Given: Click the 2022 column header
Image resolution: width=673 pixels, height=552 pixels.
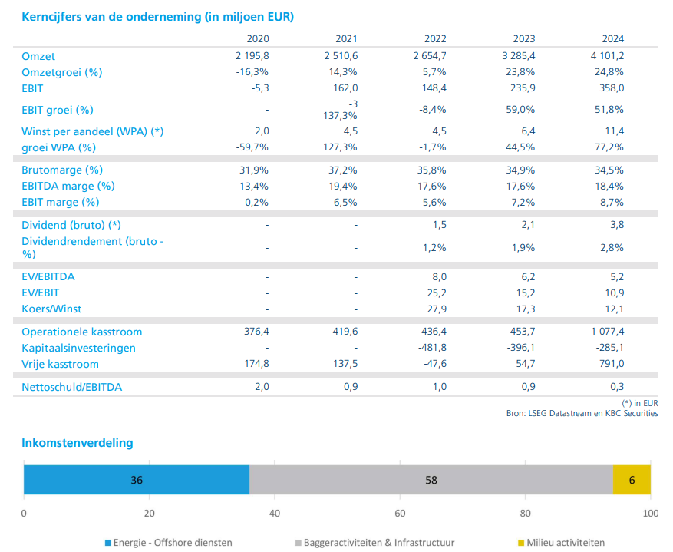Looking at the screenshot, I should (x=435, y=39).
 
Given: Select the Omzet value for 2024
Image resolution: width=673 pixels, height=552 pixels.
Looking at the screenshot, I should (x=607, y=56).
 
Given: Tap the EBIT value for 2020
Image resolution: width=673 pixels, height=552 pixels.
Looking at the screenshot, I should (x=259, y=88).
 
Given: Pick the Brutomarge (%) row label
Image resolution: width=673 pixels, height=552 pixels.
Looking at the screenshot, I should (x=62, y=170).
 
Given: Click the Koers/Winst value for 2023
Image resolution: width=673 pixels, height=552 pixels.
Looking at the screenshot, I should (x=524, y=309).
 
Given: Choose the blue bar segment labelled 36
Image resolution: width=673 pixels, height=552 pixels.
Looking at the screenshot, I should (x=137, y=480).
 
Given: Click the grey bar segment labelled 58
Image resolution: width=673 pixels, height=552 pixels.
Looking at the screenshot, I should (x=431, y=480).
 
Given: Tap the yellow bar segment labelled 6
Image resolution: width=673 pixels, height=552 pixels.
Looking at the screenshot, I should (x=632, y=480).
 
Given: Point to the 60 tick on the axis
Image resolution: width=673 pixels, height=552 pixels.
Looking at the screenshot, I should (x=400, y=514).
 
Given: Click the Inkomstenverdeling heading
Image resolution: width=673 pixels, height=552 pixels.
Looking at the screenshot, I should (x=78, y=443).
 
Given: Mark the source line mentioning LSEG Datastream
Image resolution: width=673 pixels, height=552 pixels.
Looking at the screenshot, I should (x=582, y=413).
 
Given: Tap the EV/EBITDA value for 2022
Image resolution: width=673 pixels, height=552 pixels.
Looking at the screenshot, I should (x=439, y=276).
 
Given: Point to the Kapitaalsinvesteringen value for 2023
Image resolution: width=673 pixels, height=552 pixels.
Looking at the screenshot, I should (x=520, y=348).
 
